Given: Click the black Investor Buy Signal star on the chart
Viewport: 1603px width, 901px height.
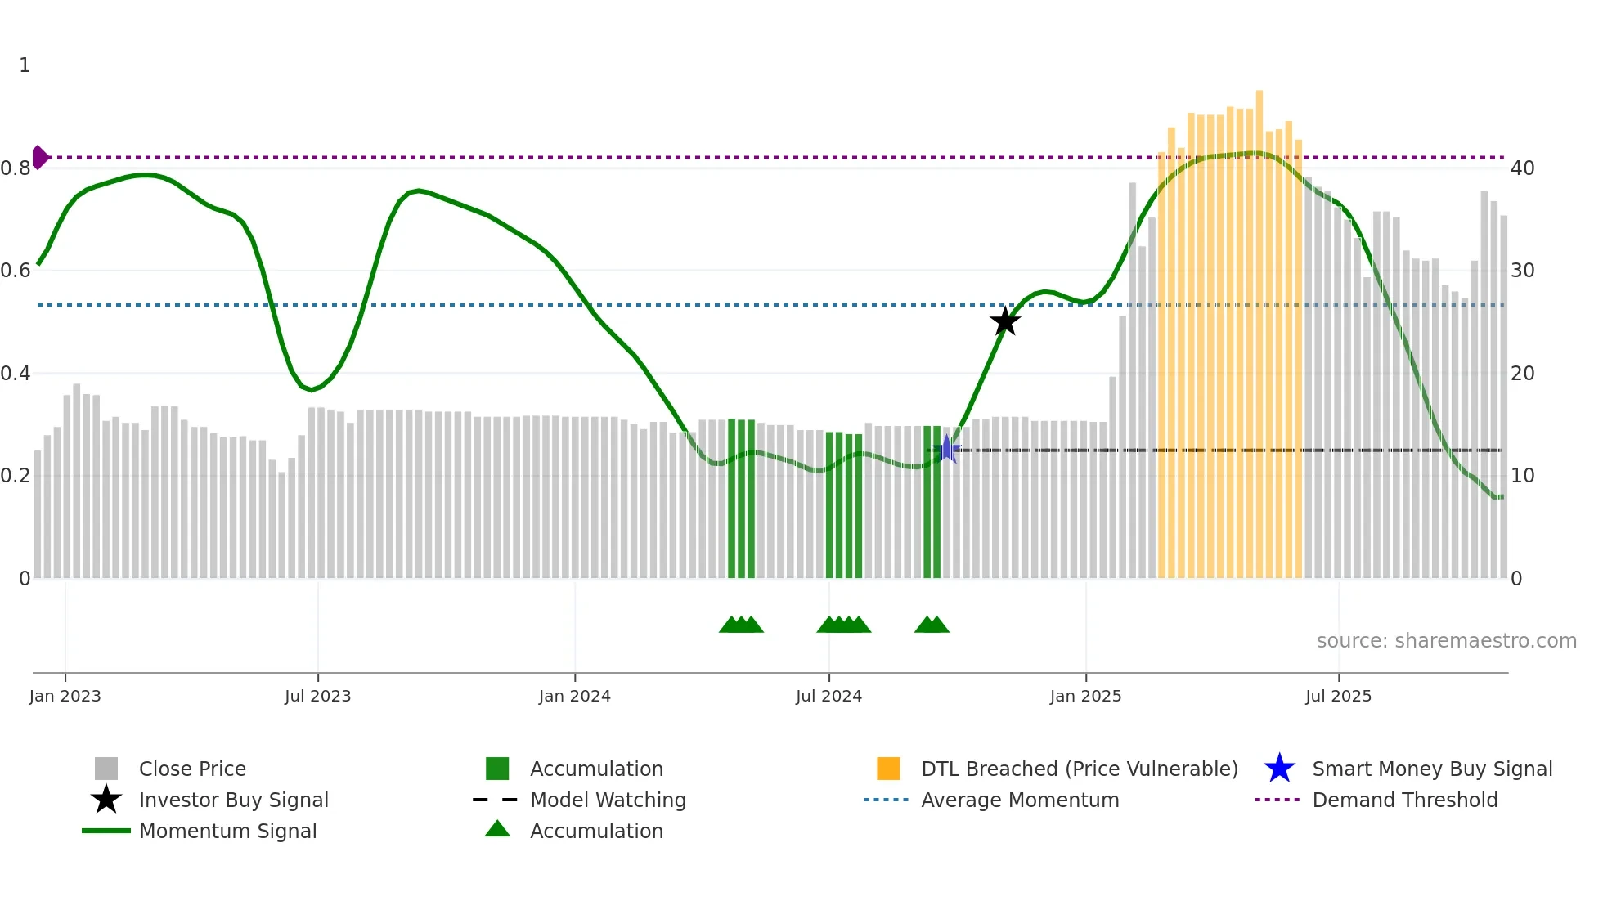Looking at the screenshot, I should pyautogui.click(x=1005, y=321).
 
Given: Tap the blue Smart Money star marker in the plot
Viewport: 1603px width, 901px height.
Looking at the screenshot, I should pyautogui.click(x=946, y=449).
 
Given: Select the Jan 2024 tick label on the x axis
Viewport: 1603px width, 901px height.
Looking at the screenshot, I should pyautogui.click(x=574, y=696).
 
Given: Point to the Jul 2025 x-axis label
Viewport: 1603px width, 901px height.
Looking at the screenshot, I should pyautogui.click(x=1338, y=696).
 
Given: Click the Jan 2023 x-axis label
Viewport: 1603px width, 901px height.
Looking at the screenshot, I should pyautogui.click(x=65, y=696).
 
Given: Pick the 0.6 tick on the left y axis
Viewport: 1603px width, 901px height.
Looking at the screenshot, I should pyautogui.click(x=16, y=271).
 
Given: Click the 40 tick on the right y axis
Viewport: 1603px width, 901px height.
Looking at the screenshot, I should pyautogui.click(x=1522, y=168).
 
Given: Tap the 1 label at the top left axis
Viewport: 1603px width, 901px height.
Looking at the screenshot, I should pyautogui.click(x=25, y=65).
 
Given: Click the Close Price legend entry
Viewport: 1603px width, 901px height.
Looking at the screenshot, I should pyautogui.click(x=191, y=769).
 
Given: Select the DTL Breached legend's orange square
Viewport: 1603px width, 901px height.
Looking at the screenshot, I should pyautogui.click(x=888, y=769).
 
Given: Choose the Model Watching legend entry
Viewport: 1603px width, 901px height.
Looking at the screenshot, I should pyautogui.click(x=607, y=800).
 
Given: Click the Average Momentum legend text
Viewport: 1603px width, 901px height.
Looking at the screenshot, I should pyautogui.click(x=1019, y=800).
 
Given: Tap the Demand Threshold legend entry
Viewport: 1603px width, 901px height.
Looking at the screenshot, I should pyautogui.click(x=1404, y=800).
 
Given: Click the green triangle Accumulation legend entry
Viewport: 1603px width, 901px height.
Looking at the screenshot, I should pyautogui.click(x=595, y=831).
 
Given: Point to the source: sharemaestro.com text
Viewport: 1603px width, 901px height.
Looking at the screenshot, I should pyautogui.click(x=1446, y=641).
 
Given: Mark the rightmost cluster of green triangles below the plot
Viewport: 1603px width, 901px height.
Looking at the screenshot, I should pyautogui.click(x=932, y=625).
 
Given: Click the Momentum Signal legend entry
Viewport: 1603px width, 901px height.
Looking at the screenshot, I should pyautogui.click(x=227, y=831).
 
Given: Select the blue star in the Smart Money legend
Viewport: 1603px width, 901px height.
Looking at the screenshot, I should pyautogui.click(x=1279, y=769).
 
